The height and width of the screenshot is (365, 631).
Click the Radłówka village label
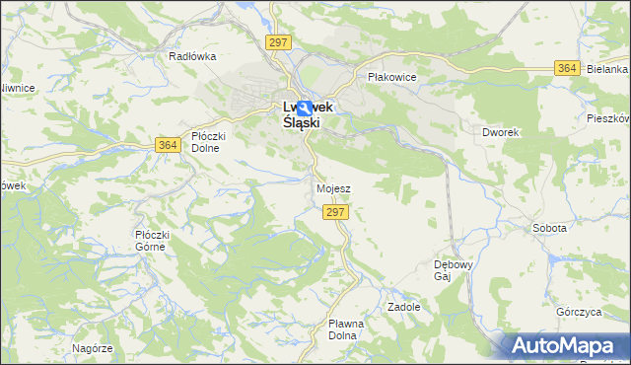click(192, 56)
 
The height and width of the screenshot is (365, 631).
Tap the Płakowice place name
click(392, 77)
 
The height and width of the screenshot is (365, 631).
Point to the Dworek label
click(500, 131)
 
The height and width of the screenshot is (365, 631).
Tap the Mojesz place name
click(334, 187)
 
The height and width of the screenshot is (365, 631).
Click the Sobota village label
click(549, 228)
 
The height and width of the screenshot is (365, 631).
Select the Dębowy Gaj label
click(455, 270)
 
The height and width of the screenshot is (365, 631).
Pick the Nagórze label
click(92, 348)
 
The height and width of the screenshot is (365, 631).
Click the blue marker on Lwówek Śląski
click(306, 109)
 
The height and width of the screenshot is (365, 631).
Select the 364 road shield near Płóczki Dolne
click(168, 145)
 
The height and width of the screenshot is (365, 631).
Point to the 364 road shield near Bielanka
click(566, 68)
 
